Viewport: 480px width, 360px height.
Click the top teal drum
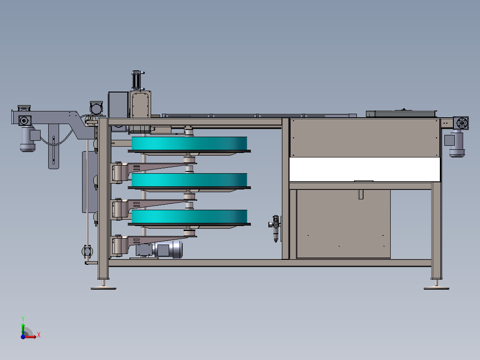pos(189,143)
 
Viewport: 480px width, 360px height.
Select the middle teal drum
pos(189,180)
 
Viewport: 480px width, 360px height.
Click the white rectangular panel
pos(365,169)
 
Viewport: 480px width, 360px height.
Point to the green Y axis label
pos(23,319)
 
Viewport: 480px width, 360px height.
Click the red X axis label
pos(39,335)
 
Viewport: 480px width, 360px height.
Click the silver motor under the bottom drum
pos(168,249)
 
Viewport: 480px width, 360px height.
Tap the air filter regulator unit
pos(275,228)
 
